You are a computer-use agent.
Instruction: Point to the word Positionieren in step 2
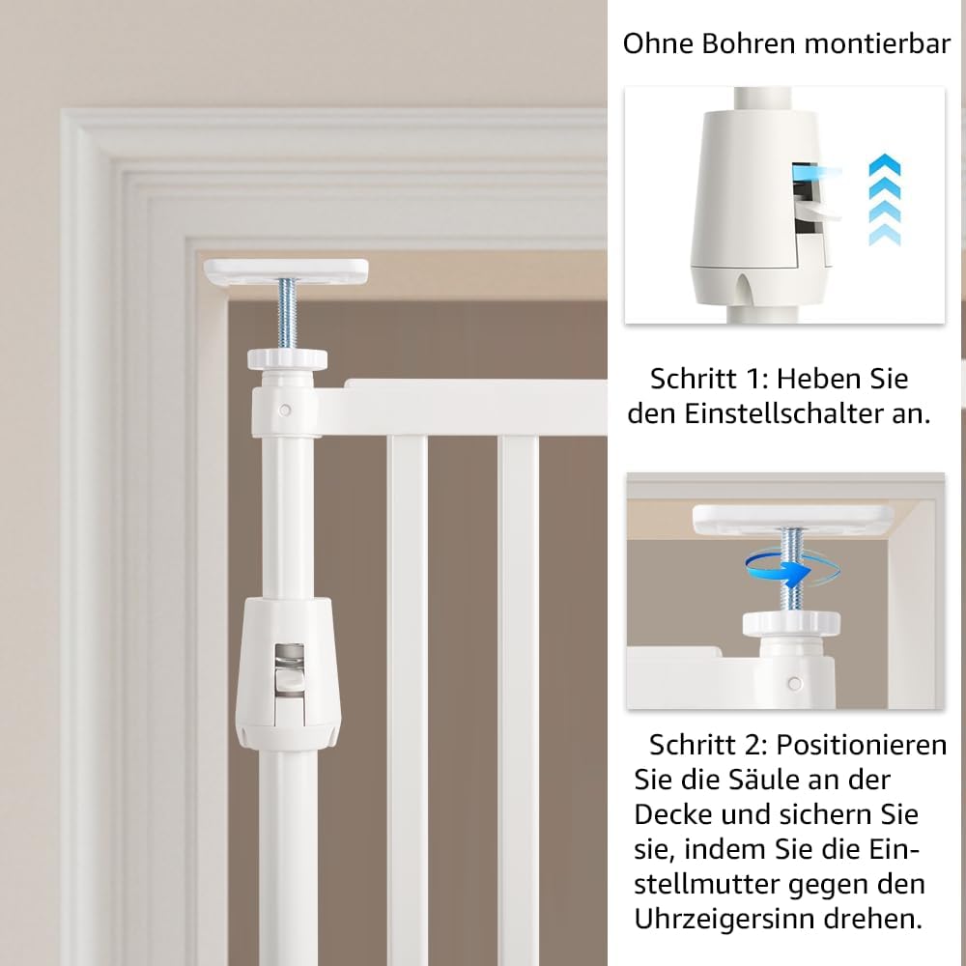[862, 746]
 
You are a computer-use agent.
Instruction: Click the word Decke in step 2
[673, 815]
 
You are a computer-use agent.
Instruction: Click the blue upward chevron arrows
[885, 200]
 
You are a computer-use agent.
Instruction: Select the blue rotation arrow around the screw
[791, 570]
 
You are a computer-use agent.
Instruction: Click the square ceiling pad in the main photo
[286, 271]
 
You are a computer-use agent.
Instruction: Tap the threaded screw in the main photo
[287, 314]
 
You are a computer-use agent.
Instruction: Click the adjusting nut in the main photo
[287, 358]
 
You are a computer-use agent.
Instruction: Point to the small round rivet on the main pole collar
[285, 410]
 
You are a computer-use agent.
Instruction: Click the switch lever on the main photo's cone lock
[289, 679]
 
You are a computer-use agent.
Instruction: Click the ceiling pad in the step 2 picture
[793, 519]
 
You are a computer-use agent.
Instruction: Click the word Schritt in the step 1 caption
[693, 380]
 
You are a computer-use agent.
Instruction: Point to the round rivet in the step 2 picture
[795, 683]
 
